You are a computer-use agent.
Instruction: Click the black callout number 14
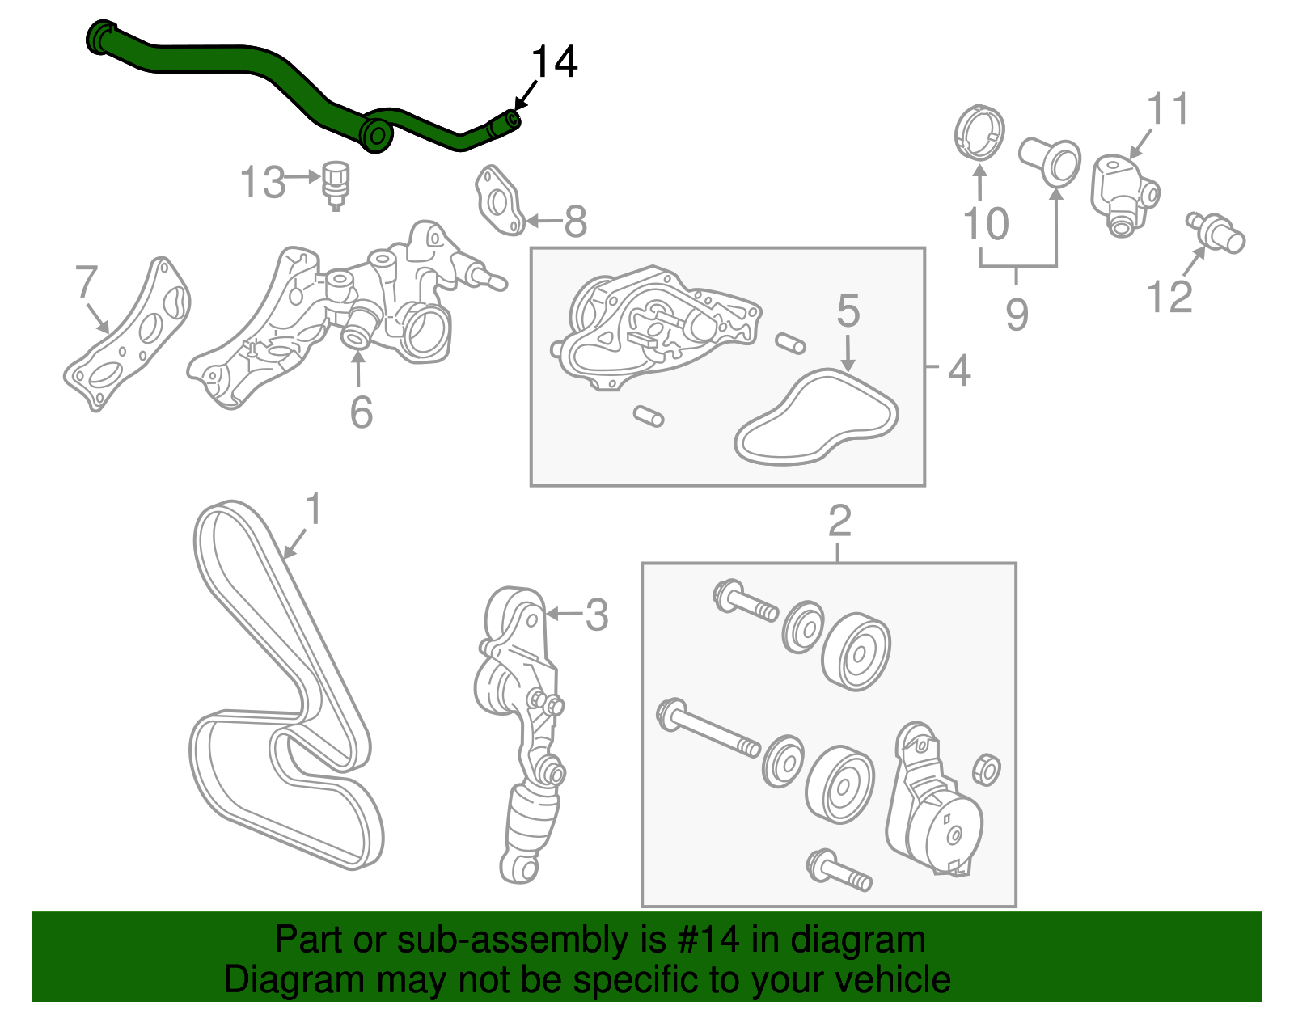(x=555, y=62)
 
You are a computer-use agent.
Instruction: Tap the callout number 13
(x=263, y=182)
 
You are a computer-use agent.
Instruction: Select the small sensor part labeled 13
(x=336, y=183)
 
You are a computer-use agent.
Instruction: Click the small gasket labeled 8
(x=499, y=200)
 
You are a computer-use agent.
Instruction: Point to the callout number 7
(x=87, y=282)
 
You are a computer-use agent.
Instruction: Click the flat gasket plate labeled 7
(x=129, y=336)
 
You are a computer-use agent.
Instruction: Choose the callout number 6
(x=361, y=412)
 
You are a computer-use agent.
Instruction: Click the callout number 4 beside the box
(x=958, y=371)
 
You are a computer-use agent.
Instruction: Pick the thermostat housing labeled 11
(x=1123, y=192)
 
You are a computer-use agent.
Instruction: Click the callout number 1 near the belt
(x=313, y=509)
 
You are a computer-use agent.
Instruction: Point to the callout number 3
(x=596, y=615)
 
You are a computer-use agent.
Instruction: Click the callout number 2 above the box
(x=839, y=521)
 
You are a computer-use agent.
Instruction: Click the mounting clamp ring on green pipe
(x=376, y=135)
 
